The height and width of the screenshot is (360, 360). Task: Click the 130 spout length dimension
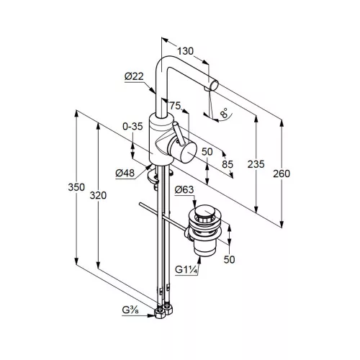(185, 51)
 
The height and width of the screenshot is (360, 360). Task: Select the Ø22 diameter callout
(134, 76)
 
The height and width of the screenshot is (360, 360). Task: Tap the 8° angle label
(225, 112)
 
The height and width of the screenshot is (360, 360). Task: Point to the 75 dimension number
(175, 105)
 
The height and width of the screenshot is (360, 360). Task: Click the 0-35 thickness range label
(132, 126)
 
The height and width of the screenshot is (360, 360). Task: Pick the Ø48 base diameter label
(125, 173)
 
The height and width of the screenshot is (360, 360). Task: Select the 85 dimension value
(228, 164)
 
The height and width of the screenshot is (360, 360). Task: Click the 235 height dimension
(256, 164)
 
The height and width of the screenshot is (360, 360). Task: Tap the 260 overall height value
(282, 174)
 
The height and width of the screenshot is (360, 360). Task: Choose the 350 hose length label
(76, 187)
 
